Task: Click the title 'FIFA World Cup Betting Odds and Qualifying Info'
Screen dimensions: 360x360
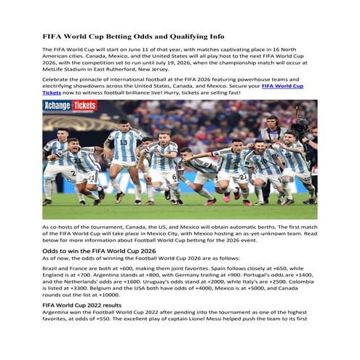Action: pos(134,36)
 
